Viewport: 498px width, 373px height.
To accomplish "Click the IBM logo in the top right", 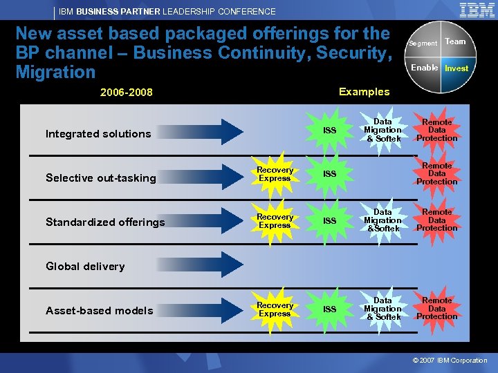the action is [x=477, y=10].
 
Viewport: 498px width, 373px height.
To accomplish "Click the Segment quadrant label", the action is [x=423, y=43].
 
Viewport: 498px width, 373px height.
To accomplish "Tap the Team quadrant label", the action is [x=455, y=41].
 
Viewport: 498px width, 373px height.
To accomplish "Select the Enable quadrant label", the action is [x=424, y=68].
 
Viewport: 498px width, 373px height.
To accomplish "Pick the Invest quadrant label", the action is [x=456, y=68].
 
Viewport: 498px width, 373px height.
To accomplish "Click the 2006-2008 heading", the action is [x=127, y=93].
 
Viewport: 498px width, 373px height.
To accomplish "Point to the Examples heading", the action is [x=364, y=92].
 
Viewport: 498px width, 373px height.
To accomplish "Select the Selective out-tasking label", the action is [x=101, y=178].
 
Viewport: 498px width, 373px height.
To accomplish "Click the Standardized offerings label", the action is [x=105, y=222].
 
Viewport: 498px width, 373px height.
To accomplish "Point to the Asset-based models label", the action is [x=100, y=311].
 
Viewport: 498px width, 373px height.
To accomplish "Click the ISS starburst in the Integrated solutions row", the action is [x=329, y=131].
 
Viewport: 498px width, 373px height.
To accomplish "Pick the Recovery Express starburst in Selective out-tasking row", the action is [x=275, y=174].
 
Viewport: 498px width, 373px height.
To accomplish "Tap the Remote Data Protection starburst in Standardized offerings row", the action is [x=437, y=220].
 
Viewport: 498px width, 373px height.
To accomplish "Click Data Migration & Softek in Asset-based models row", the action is [x=382, y=309].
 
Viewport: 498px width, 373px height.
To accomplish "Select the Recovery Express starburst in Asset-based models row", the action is [x=275, y=309].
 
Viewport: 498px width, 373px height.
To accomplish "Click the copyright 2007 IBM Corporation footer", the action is [x=450, y=361].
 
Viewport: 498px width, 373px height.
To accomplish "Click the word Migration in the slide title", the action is [x=55, y=72].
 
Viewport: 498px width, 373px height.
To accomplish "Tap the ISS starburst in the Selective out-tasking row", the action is [x=329, y=174].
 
